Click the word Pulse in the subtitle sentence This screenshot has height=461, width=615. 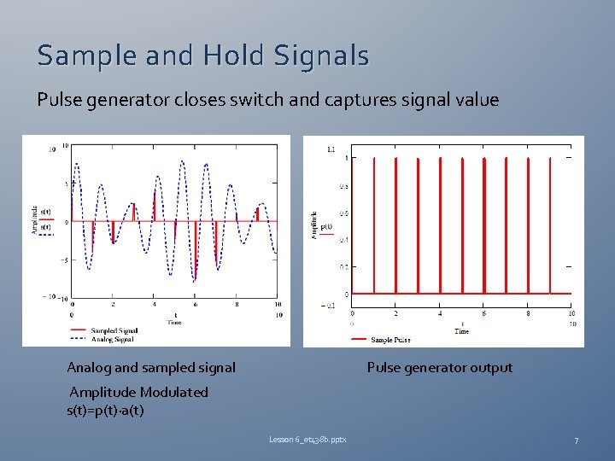coord(60,100)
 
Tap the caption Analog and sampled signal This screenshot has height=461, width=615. coord(151,368)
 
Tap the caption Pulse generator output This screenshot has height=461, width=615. coord(439,368)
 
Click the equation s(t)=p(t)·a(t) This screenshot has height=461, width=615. coord(105,410)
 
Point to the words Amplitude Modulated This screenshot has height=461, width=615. coord(138,393)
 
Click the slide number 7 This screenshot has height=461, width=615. coord(576,441)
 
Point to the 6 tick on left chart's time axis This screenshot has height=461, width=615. coord(196,304)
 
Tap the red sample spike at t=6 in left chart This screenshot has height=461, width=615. coord(196,248)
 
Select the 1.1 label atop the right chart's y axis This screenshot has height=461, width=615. coord(331,149)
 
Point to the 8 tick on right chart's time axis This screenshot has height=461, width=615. coord(528,313)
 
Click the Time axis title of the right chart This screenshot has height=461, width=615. coord(461,331)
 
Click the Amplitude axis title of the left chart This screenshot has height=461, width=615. coord(34,220)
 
